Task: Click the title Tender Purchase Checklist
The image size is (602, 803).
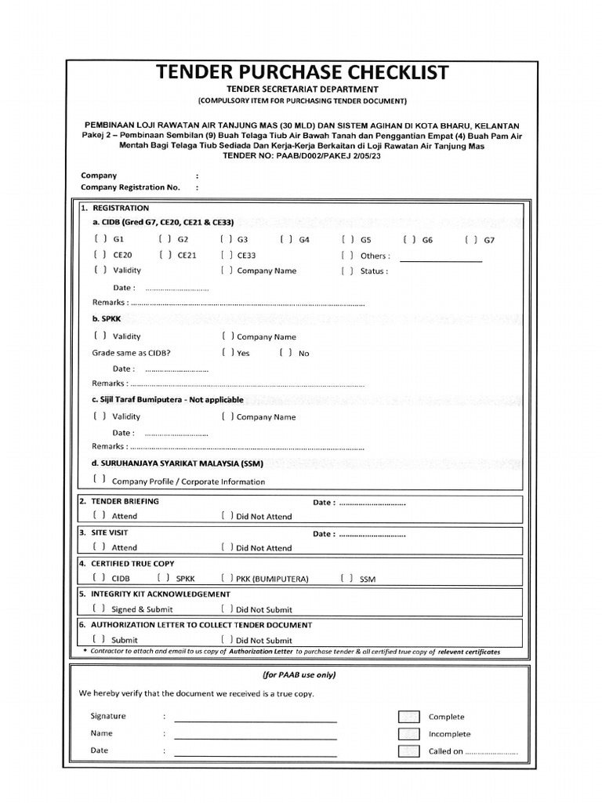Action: (302, 72)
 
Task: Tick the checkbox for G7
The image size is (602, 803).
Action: (471, 240)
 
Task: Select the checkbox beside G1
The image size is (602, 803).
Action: (100, 239)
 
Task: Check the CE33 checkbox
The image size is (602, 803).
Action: (226, 255)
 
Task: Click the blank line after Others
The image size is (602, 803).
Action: (441, 259)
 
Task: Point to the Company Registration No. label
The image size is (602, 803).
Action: (130, 187)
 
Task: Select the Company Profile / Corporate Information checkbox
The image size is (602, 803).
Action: (100, 479)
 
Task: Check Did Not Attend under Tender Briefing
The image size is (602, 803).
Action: (226, 516)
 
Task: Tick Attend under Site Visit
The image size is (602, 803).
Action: (100, 547)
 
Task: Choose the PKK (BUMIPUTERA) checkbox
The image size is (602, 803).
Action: (226, 579)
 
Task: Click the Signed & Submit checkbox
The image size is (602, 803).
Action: (100, 609)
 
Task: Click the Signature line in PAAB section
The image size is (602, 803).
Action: (256, 719)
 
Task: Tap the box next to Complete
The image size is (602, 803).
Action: (408, 717)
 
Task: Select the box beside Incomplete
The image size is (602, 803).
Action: (408, 734)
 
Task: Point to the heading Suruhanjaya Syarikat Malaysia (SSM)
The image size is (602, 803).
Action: (177, 463)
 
